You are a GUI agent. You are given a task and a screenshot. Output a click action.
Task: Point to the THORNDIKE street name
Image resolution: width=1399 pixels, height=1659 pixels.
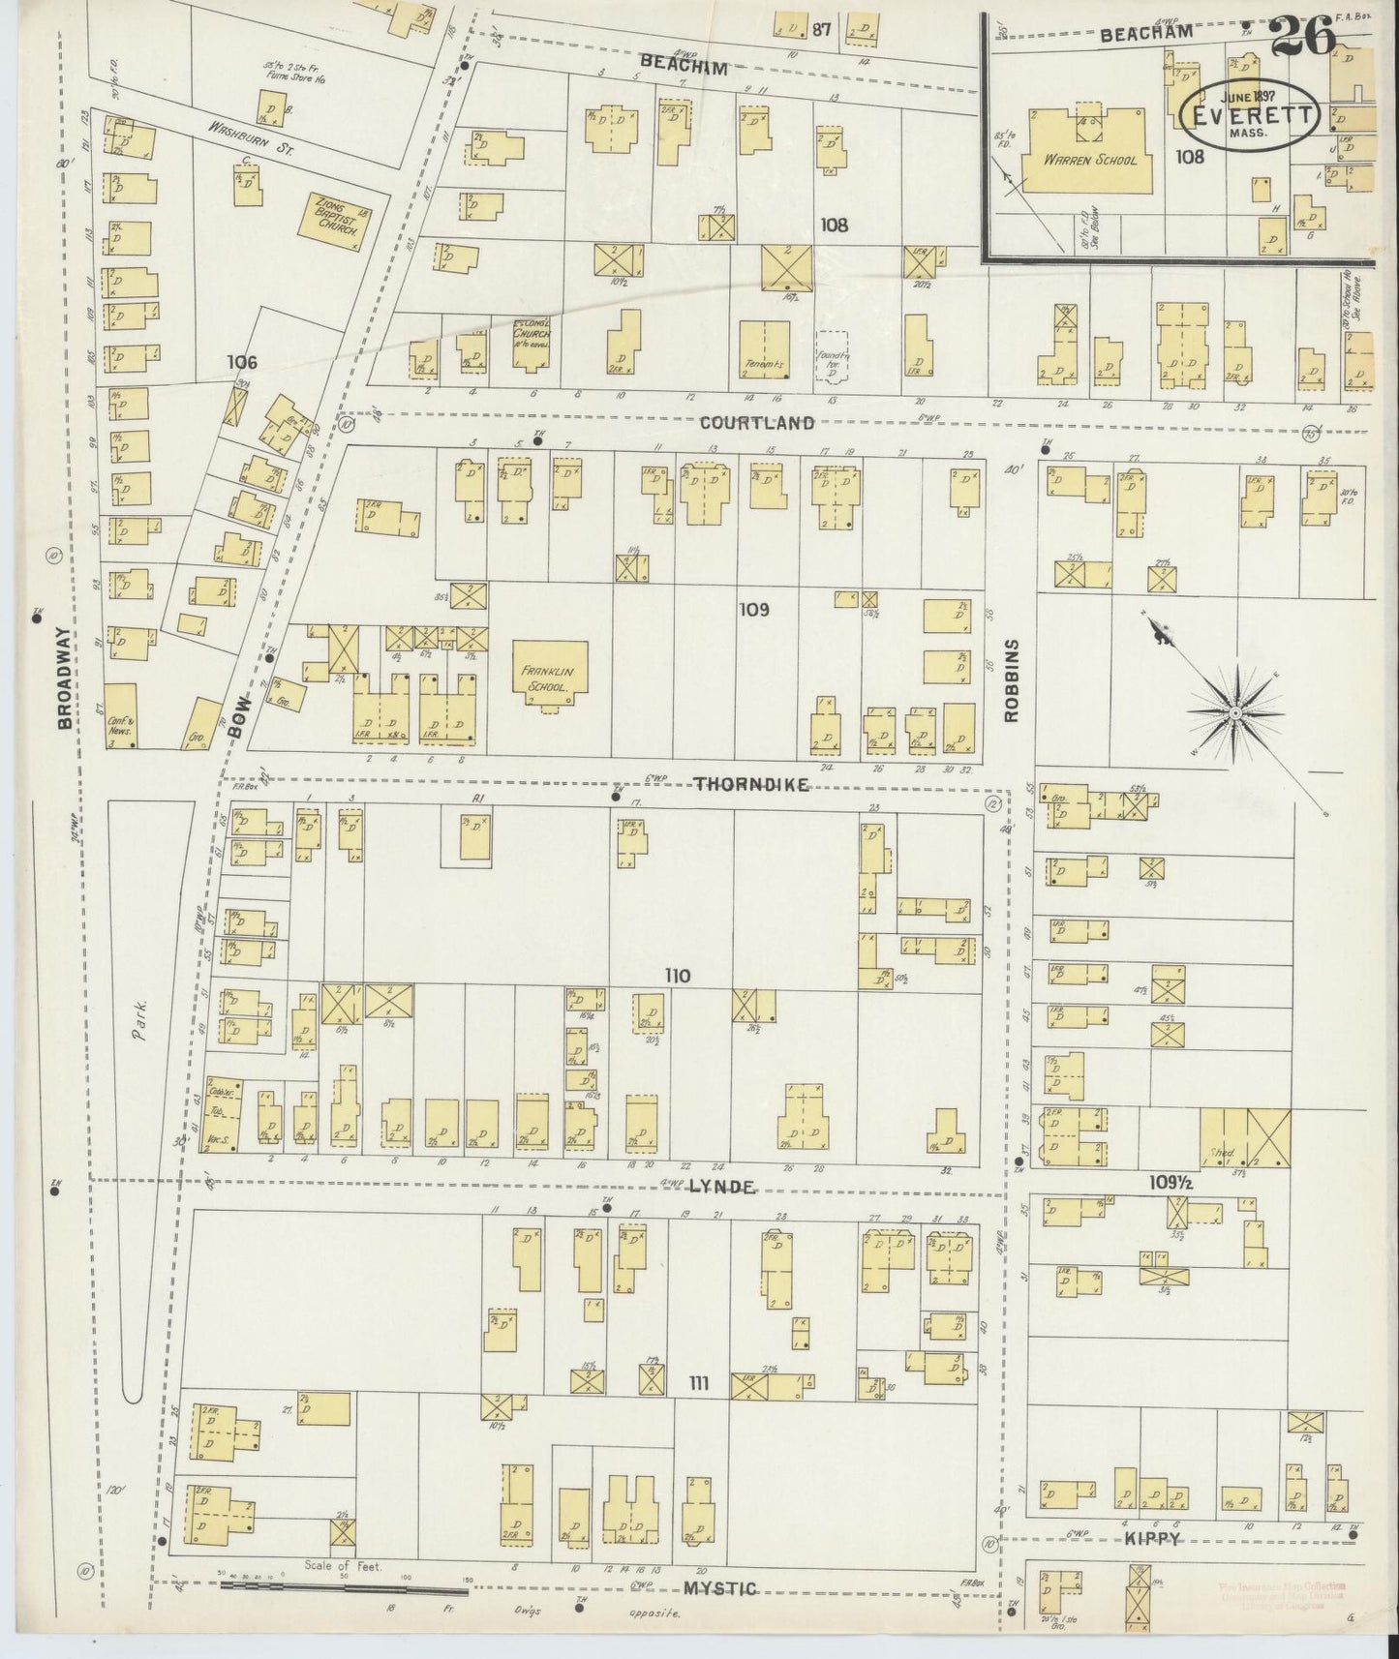click(x=751, y=785)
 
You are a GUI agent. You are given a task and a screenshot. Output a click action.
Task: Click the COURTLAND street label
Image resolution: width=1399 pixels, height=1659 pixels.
click(x=757, y=423)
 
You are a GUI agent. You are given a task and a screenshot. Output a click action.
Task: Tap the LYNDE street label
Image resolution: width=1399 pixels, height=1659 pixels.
click(x=721, y=1186)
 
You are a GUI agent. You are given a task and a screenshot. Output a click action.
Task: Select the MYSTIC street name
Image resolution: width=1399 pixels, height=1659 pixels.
click(x=720, y=1588)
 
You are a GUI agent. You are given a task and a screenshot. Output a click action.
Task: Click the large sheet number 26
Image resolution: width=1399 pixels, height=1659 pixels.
click(x=1302, y=39)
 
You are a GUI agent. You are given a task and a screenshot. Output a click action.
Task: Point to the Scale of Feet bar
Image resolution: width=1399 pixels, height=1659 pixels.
click(x=344, y=1586)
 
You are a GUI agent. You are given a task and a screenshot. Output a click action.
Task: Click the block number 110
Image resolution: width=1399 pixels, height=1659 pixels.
click(x=678, y=976)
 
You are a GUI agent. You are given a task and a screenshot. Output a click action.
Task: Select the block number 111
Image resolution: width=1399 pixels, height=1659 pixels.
click(x=698, y=1385)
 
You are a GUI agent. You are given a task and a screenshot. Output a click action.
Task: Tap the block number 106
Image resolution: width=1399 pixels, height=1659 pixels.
click(x=241, y=362)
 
